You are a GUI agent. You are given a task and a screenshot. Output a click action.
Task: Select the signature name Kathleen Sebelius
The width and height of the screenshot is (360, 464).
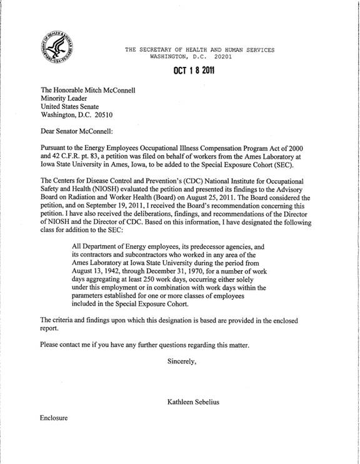coord(197,401)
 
